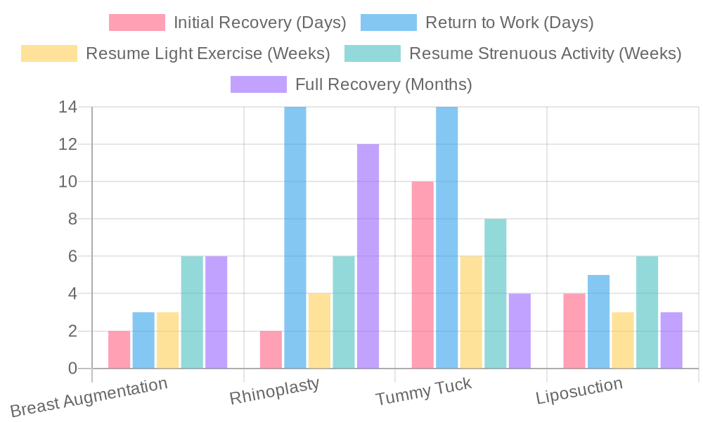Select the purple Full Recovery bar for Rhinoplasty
coord(368,256)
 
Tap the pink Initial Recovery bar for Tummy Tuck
coord(423,274)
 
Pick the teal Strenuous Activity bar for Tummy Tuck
coord(495,293)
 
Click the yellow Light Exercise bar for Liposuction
coord(623,340)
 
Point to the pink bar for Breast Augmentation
coord(120,349)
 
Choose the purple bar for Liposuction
coord(671,340)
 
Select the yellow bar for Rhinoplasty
coord(319,331)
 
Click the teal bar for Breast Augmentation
coord(192,312)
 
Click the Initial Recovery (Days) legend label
coord(260,23)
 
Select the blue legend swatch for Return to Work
coord(388,23)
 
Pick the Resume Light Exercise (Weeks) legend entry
coord(207,53)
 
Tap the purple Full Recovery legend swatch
coord(259,84)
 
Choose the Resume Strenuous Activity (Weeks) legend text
coord(545,53)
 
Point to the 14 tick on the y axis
coord(68,108)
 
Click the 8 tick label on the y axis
coord(72,219)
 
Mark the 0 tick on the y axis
coord(72,368)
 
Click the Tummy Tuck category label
coord(423,391)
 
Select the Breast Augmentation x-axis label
coord(89,397)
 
